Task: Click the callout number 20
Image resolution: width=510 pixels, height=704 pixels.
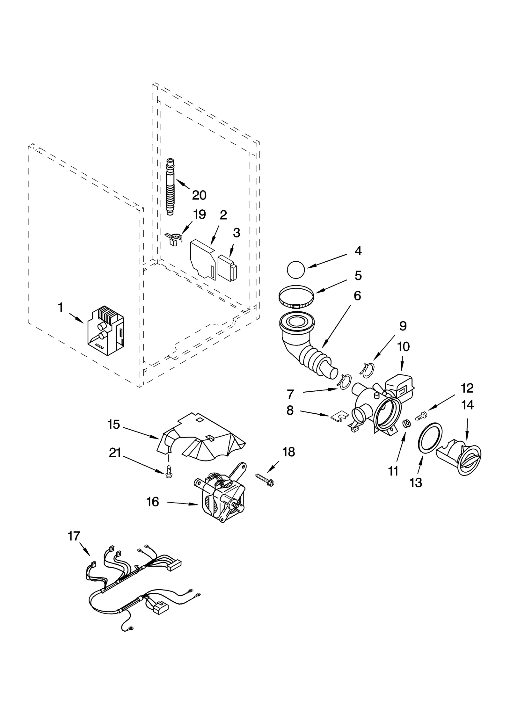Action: (199, 195)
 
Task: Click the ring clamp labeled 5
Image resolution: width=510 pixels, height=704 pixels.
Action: (296, 297)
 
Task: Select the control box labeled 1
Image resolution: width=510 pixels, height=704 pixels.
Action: (106, 331)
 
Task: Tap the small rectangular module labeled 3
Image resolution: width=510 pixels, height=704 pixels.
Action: (228, 267)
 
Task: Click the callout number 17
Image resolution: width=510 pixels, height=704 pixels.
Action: (74, 536)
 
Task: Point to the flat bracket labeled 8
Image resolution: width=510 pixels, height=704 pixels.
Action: (338, 416)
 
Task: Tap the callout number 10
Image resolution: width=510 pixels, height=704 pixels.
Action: (403, 346)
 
